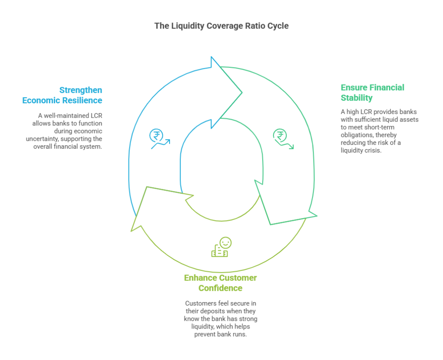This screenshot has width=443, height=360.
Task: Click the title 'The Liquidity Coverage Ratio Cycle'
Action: [221, 26]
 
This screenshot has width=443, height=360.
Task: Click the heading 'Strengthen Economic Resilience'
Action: [62, 95]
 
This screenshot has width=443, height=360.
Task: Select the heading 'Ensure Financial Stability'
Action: [372, 92]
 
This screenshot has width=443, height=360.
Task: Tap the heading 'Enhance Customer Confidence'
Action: [220, 283]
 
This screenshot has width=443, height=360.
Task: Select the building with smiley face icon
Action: [221, 247]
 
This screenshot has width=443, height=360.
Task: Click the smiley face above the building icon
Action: [226, 242]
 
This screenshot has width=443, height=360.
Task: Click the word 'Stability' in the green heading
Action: [356, 98]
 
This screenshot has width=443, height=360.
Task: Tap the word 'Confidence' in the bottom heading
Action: [220, 288]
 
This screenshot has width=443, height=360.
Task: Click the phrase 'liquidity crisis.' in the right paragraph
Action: [361, 150]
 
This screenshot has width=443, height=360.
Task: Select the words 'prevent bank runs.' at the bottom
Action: [220, 335]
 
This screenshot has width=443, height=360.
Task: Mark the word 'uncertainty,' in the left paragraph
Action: [42, 139]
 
